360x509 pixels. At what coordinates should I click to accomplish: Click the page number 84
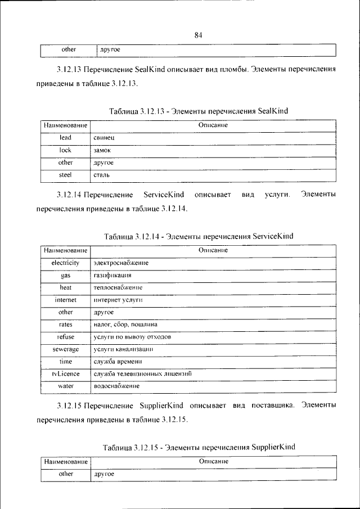[x=198, y=35]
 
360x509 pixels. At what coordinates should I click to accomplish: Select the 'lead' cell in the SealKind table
[x=65, y=137]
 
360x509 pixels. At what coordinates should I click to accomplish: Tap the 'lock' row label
[x=65, y=150]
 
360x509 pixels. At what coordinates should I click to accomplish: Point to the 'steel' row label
[x=65, y=175]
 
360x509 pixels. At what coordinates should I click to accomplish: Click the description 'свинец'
[x=104, y=137]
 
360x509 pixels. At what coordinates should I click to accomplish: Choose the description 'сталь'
[x=102, y=175]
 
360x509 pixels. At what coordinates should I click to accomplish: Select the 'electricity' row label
[x=65, y=263]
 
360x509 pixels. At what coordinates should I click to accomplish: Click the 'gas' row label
[x=65, y=276]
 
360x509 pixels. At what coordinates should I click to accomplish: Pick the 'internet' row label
[x=65, y=300]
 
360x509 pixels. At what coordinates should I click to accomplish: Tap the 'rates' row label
[x=65, y=325]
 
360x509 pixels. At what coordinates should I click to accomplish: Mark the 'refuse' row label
[x=65, y=337]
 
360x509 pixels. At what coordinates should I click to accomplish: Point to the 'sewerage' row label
[x=65, y=349]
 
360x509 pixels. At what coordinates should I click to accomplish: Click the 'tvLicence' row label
[x=65, y=373]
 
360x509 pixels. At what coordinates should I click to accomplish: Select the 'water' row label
[x=65, y=386]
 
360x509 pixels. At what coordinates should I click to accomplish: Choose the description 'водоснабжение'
[x=116, y=386]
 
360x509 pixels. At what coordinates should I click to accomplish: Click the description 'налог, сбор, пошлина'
[x=125, y=325]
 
